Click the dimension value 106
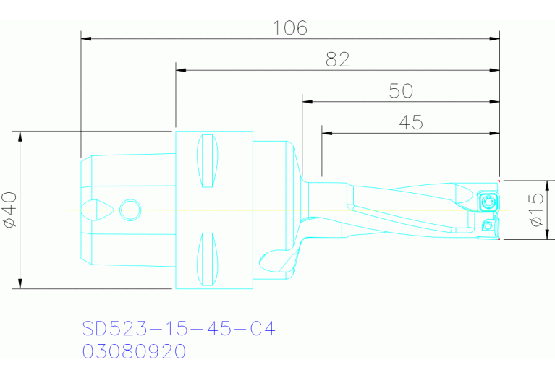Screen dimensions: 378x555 [x=290, y=28]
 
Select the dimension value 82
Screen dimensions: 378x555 [x=337, y=60]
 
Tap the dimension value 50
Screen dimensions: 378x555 [x=401, y=91]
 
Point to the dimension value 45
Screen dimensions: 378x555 [x=411, y=123]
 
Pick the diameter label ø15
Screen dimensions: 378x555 [x=536, y=210]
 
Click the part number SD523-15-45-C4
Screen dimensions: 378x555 [x=179, y=330]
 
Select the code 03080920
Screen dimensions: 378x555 [x=134, y=352]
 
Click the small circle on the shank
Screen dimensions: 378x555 [x=130, y=210]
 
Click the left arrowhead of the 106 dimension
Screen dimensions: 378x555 [x=85, y=38]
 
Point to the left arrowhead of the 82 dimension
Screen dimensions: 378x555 [x=181, y=70]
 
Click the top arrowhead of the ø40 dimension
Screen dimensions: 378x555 [x=20, y=136]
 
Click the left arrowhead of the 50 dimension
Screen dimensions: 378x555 [x=308, y=102]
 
